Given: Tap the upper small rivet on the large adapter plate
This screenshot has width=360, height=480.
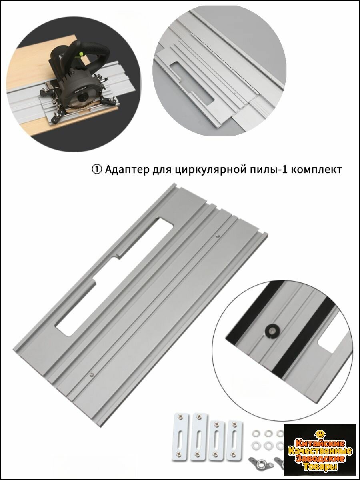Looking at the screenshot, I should click(217, 236).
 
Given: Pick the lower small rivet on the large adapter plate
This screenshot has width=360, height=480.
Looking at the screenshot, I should click(92, 375).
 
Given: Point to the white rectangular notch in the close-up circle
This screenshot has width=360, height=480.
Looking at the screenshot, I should click(328, 343).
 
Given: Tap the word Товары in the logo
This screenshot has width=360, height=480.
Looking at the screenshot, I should click(320, 467).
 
